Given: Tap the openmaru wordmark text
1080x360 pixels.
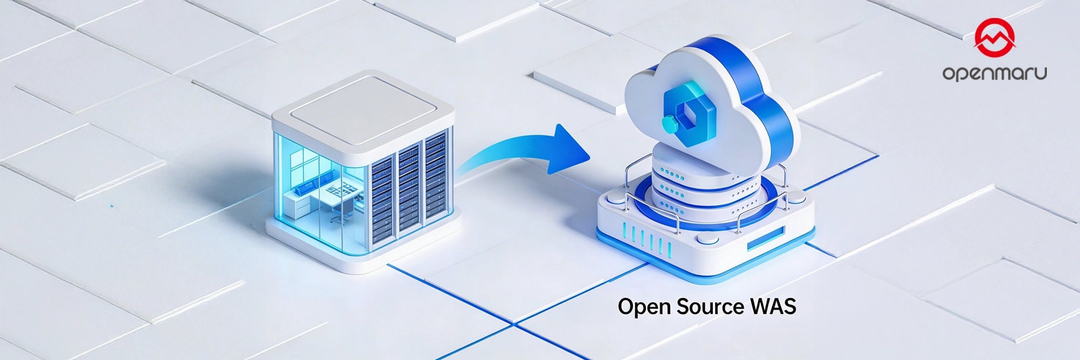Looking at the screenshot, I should pos(994,73).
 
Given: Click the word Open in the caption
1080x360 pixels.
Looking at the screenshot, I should pos(640,307).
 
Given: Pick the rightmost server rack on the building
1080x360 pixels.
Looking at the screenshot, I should pos(436,176).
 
